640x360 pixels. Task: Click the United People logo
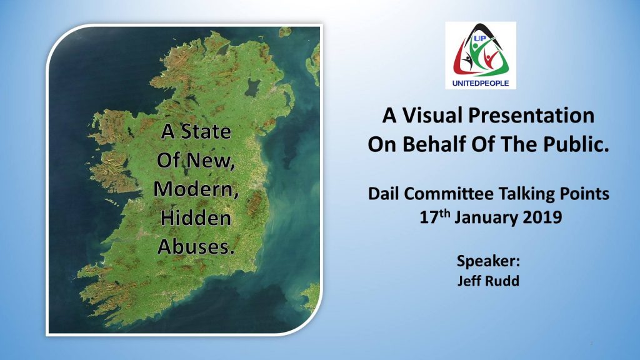481,56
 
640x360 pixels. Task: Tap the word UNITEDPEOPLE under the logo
481,83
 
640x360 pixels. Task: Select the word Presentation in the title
531,115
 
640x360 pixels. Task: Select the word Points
584,194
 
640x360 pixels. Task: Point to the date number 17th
435,216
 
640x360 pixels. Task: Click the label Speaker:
488,261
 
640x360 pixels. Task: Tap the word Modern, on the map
196,189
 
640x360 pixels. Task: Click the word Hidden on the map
196,217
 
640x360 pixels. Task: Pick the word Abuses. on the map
196,246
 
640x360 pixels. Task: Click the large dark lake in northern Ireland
252,87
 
